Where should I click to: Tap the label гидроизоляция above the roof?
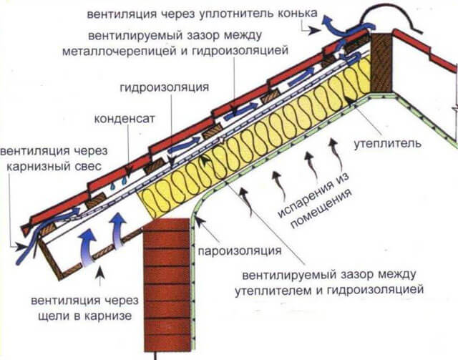(x=165, y=87)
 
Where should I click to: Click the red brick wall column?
(x=169, y=286)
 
